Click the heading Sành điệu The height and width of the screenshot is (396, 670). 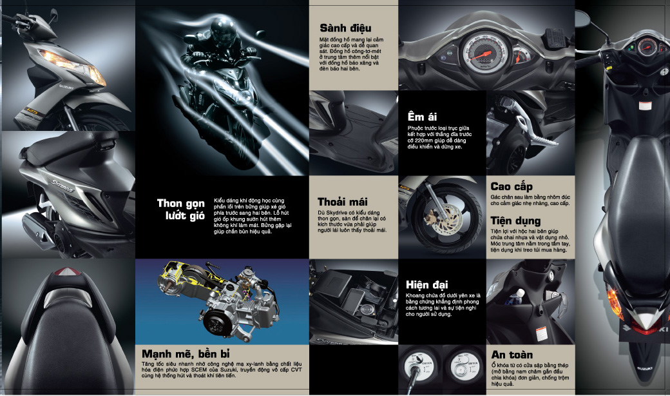pos(345,28)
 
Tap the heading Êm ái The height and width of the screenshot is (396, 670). pos(422,116)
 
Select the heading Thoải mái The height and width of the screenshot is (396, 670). pos(342,202)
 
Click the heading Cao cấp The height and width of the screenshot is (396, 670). pos(512,186)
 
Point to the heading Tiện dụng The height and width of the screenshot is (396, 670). pos(515,221)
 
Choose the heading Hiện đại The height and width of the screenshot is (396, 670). pos(426,285)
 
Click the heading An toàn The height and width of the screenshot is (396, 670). pos(512,355)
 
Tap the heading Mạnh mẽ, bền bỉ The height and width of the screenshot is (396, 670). pos(186,354)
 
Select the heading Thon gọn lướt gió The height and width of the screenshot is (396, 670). pos(181,209)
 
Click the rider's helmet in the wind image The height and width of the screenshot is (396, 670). pos(223,32)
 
